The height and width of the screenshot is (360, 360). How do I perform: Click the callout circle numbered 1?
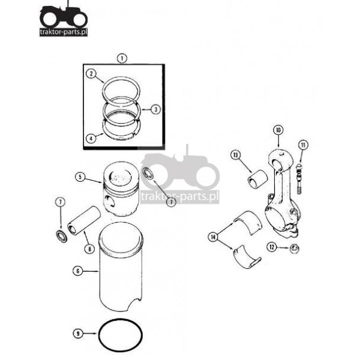pyautogui.click(x=122, y=59)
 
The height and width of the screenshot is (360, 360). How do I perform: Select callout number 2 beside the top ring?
pyautogui.click(x=91, y=73)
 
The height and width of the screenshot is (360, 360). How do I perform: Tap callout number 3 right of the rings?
pyautogui.click(x=156, y=109)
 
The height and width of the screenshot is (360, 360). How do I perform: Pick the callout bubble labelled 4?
pyautogui.click(x=91, y=139)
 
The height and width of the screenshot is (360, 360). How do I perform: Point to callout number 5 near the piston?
pyautogui.click(x=80, y=177)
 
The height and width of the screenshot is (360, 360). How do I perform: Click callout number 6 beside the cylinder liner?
pyautogui.click(x=77, y=271)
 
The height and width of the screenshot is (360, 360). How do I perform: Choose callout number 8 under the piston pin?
pyautogui.click(x=89, y=249)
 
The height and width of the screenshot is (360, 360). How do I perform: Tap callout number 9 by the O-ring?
pyautogui.click(x=78, y=333)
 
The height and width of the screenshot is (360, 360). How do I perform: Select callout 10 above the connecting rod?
pyautogui.click(x=278, y=130)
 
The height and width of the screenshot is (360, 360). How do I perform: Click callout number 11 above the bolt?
pyautogui.click(x=303, y=145)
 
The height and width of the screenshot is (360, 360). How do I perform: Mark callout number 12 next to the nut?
pyautogui.click(x=272, y=247)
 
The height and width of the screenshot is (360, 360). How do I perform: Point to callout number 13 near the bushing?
pyautogui.click(x=236, y=155)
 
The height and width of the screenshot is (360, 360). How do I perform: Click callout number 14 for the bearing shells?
pyautogui.click(x=213, y=237)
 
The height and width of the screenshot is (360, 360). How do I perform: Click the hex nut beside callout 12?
pyautogui.click(x=294, y=249)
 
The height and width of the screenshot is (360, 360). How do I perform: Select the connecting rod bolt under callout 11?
pyautogui.click(x=299, y=179)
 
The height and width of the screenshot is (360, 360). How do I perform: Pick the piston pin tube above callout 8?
pyautogui.click(x=84, y=220)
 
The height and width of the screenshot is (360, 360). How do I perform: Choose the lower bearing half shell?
pyautogui.click(x=247, y=256)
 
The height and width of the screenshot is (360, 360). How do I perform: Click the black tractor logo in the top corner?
pyautogui.click(x=64, y=18)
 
